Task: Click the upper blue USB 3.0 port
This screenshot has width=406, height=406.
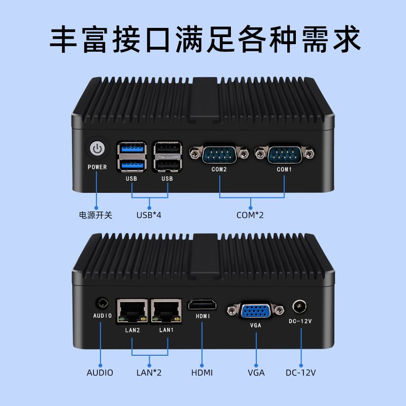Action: (132, 149)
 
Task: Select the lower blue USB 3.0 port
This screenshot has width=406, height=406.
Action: (132, 165)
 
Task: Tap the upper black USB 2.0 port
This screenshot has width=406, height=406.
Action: (167, 149)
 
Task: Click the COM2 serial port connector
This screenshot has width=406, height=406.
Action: (219, 154)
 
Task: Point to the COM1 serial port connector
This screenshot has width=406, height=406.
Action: (285, 154)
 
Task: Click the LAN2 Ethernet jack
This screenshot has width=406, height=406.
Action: (132, 311)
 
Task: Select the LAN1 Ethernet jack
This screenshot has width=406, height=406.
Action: (166, 311)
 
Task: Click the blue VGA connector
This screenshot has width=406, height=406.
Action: (256, 311)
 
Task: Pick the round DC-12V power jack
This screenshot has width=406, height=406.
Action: (299, 307)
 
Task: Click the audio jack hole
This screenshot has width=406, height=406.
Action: (102, 303)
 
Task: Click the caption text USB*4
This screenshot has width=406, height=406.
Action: (149, 215)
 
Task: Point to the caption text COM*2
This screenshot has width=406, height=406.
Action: (250, 215)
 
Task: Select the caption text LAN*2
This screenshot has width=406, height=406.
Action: (149, 373)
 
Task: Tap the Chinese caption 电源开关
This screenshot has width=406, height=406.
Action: (95, 215)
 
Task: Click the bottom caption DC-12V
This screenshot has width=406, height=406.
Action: (300, 373)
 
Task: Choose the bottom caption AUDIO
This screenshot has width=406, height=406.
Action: (100, 373)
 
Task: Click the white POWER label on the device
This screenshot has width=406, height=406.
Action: (97, 167)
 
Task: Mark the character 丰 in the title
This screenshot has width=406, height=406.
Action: (63, 39)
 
